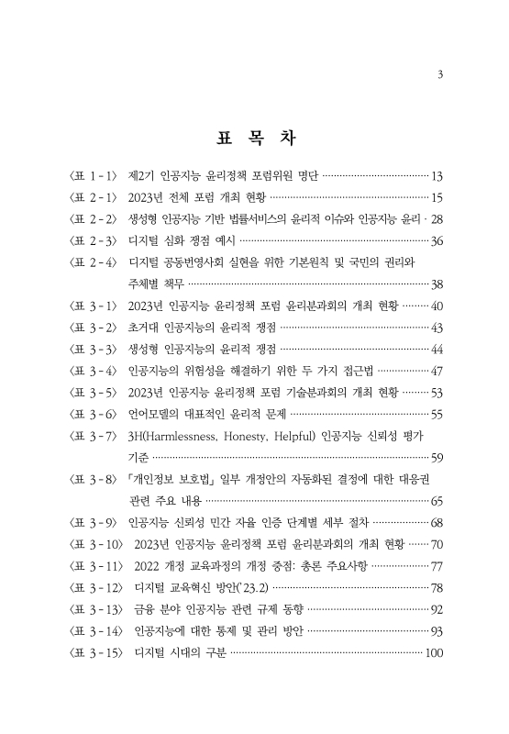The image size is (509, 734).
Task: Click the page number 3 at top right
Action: (441, 74)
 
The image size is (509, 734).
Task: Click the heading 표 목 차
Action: (254, 139)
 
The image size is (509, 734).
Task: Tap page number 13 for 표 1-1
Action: (437, 175)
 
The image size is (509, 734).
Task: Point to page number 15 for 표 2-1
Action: (437, 197)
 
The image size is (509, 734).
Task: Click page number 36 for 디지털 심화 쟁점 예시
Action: (437, 240)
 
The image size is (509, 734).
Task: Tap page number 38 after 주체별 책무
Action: (437, 284)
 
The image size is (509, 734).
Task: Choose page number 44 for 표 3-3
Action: (437, 350)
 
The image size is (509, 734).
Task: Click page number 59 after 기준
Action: (437, 458)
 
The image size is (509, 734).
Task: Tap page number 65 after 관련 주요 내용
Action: (437, 501)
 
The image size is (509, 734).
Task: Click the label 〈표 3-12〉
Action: (94, 587)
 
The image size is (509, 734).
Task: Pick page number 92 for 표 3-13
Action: (437, 609)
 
